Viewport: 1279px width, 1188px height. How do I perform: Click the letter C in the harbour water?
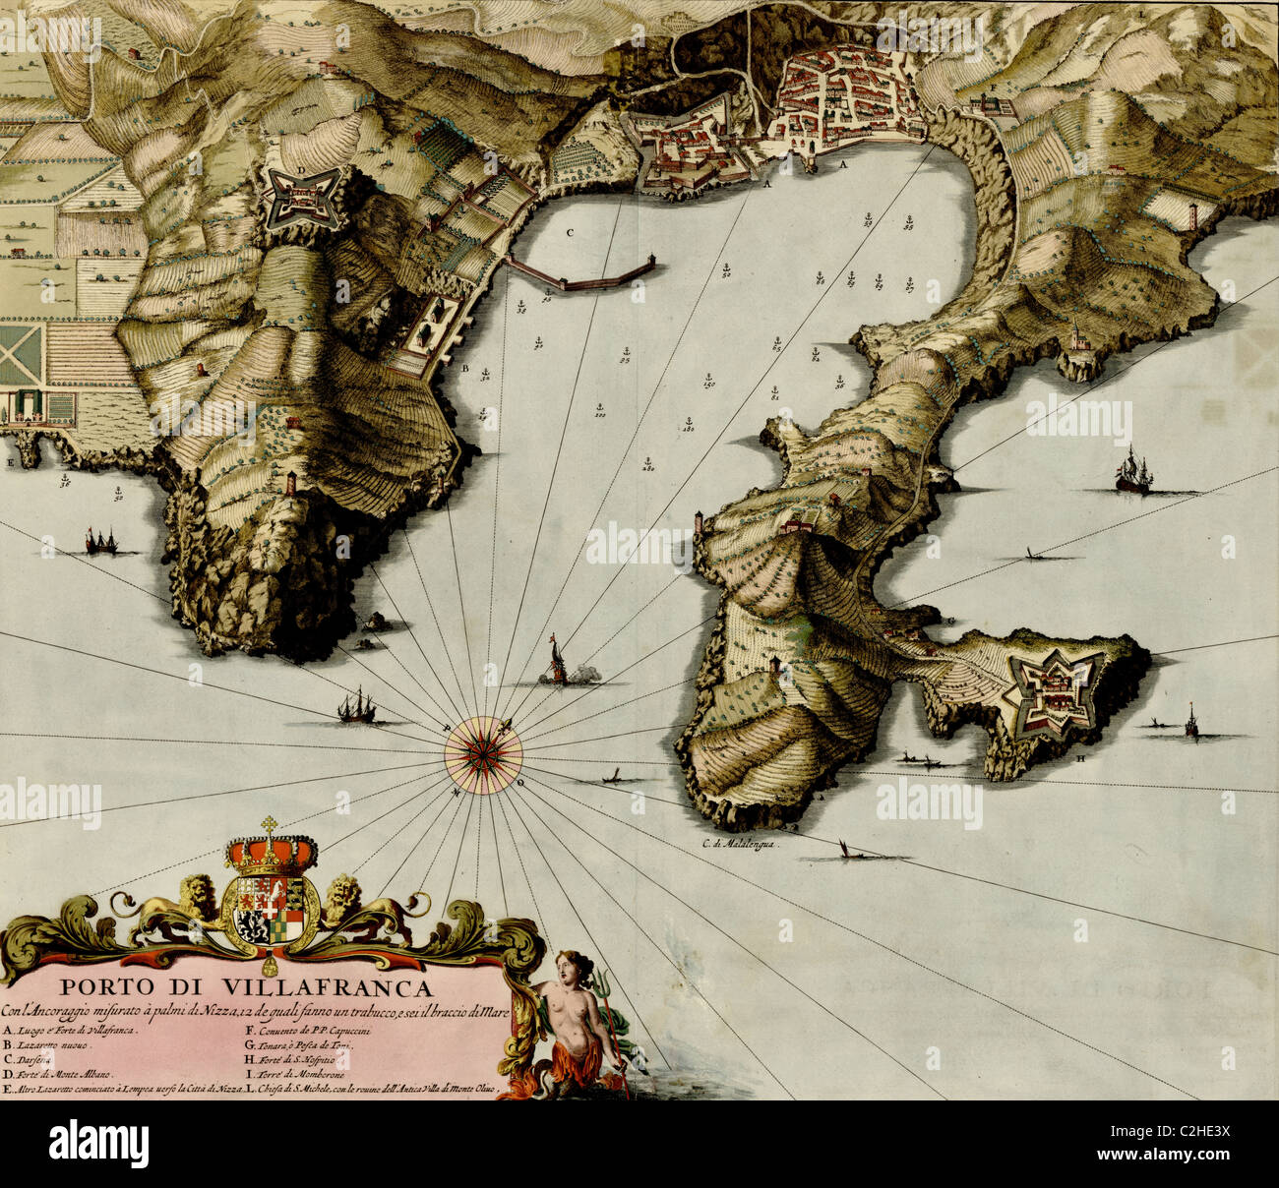pyautogui.click(x=570, y=234)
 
